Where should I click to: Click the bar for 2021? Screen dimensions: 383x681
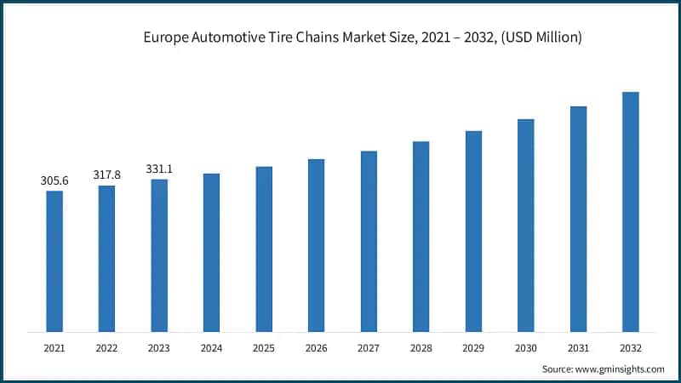click(x=54, y=261)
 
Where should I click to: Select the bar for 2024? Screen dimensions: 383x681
click(x=211, y=253)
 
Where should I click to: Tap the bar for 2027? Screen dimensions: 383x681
click(x=369, y=242)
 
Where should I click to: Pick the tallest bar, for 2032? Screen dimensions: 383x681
click(x=631, y=212)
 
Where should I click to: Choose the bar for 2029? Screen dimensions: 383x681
click(x=473, y=232)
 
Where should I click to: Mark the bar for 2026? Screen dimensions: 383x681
click(x=316, y=245)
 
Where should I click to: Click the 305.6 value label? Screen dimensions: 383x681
click(x=54, y=180)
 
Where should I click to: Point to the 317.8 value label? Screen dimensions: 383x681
click(x=106, y=174)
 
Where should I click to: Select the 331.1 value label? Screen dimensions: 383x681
click(x=159, y=169)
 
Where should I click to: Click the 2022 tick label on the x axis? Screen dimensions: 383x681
click(x=106, y=347)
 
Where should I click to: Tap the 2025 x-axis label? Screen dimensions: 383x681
click(x=264, y=347)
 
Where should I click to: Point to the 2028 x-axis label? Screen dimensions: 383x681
click(x=421, y=347)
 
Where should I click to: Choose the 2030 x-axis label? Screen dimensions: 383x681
click(x=526, y=347)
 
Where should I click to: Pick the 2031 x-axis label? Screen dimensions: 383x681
click(x=578, y=347)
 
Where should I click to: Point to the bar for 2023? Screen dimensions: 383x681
click(x=159, y=255)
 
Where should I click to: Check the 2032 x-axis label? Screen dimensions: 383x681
click(x=631, y=347)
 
